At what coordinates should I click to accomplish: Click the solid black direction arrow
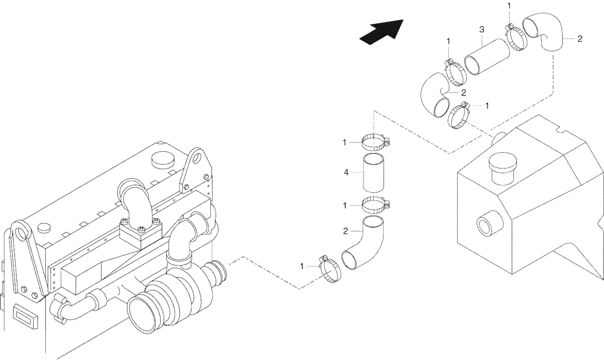click(381, 31)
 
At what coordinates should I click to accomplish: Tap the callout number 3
click(481, 29)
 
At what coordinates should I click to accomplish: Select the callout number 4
click(345, 173)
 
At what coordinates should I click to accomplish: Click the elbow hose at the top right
click(544, 34)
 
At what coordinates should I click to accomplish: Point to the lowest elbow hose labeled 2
click(361, 244)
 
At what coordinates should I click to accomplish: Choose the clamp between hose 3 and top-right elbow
click(516, 37)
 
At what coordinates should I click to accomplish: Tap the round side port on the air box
click(486, 226)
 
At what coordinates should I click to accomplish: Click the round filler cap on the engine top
click(162, 159)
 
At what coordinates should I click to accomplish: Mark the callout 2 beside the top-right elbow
click(580, 39)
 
